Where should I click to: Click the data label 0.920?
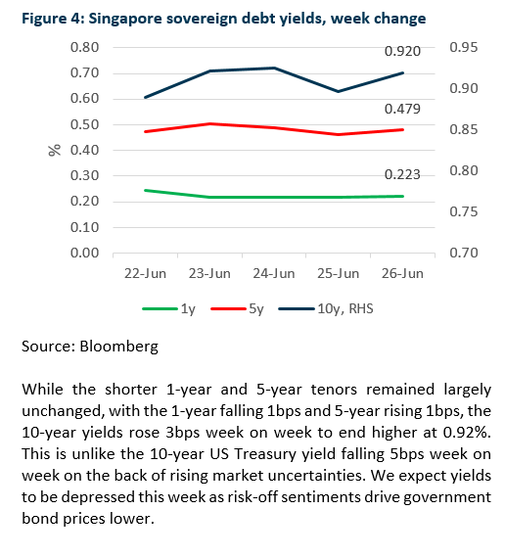pos(402,51)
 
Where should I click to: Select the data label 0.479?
pos(402,109)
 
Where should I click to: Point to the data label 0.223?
pos(402,174)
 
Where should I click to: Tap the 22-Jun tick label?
pos(145,273)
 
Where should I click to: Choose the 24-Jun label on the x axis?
pos(274,273)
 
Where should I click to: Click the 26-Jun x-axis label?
pos(402,273)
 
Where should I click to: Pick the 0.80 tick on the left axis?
pos(84,47)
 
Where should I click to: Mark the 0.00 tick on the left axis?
pos(84,253)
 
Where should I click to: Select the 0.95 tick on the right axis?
pos(464,47)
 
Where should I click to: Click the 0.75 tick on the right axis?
pos(464,211)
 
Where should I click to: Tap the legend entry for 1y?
pos(168,308)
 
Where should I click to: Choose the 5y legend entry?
pos(237,308)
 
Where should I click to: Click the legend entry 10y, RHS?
pos(326,308)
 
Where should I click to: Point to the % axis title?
pos(55,150)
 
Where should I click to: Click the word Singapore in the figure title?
pos(126,19)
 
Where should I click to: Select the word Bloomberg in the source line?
pos(119,347)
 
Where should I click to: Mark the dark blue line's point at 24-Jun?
pos(274,68)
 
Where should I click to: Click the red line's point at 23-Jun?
pos(209,124)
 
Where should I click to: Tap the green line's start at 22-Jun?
pos(145,191)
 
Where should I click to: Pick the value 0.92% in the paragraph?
pos(467,433)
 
